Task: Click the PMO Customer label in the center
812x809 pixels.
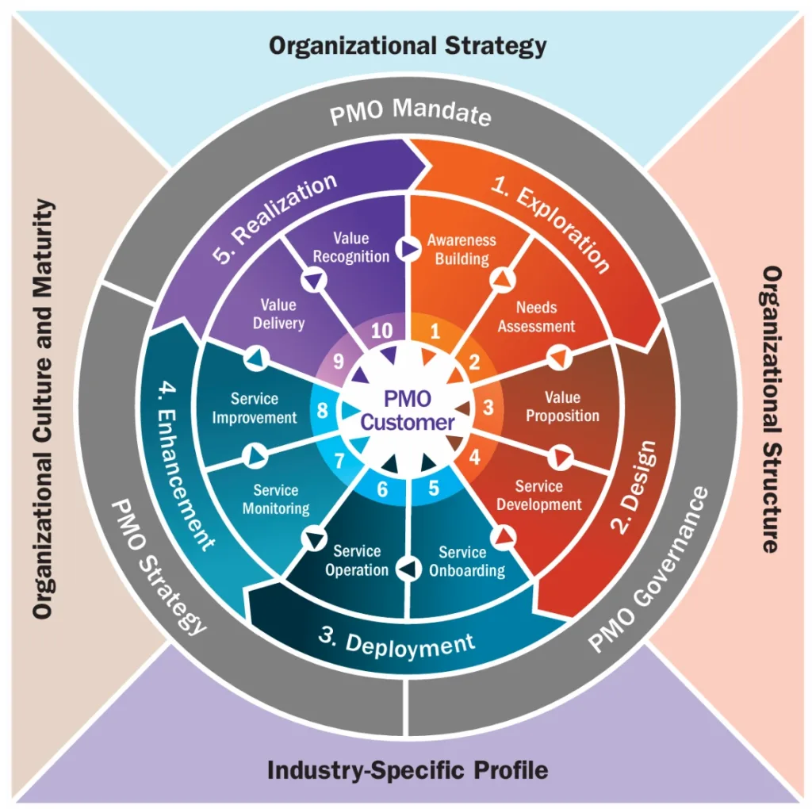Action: (408, 409)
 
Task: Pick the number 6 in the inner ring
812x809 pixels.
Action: (382, 489)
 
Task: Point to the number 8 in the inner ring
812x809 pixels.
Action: (323, 411)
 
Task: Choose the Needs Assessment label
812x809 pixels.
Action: (536, 316)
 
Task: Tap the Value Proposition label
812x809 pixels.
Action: (562, 406)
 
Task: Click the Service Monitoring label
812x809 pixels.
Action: (276, 499)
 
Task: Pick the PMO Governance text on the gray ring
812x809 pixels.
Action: (649, 570)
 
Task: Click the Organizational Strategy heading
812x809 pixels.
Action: (408, 45)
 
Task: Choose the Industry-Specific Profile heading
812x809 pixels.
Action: (408, 769)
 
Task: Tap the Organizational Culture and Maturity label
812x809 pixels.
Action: (45, 409)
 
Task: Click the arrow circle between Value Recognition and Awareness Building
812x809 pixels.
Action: (408, 248)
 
